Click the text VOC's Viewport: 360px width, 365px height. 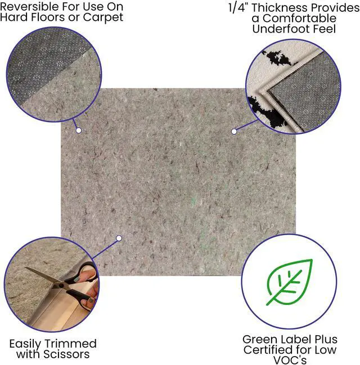(290, 361)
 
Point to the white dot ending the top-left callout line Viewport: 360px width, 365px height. (79, 130)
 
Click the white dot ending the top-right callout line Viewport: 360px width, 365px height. (234, 131)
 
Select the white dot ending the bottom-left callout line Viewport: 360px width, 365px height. (119, 238)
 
